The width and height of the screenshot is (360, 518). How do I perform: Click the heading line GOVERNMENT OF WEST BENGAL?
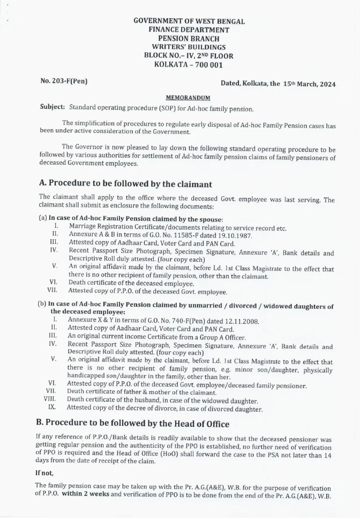[189, 21]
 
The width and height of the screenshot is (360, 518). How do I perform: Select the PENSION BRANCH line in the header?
[189, 39]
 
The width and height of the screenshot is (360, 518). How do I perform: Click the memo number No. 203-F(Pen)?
[64, 82]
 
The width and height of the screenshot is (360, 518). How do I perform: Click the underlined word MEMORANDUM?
[188, 98]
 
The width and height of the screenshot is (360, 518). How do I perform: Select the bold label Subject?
[52, 107]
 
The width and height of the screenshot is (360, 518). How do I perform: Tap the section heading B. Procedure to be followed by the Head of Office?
[132, 423]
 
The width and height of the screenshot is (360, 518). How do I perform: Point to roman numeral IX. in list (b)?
[52, 408]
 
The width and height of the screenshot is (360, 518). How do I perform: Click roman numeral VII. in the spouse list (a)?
[52, 290]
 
